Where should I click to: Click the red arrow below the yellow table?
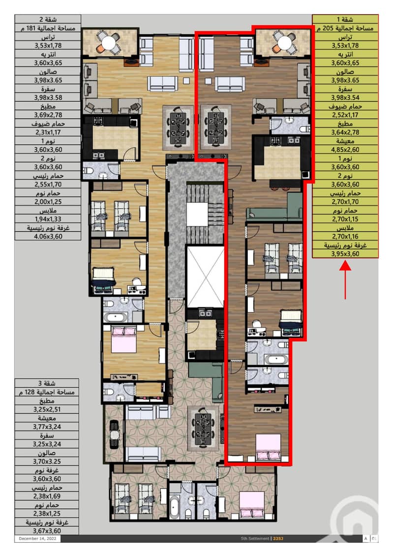pyautogui.click(x=345, y=280)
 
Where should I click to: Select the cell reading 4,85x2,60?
pyautogui.click(x=345, y=150)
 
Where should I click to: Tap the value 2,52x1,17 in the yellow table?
pyautogui.click(x=345, y=115)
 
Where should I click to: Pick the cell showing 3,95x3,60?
pyautogui.click(x=345, y=253)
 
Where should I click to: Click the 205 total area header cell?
pyautogui.click(x=345, y=28)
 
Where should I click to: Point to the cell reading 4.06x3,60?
pyautogui.click(x=48, y=236)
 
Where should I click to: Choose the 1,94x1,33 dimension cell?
pyautogui.click(x=48, y=219)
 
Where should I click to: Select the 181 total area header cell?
pyautogui.click(x=48, y=28)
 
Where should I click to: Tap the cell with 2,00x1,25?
pyautogui.click(x=48, y=201)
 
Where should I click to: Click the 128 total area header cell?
pyautogui.click(x=47, y=392)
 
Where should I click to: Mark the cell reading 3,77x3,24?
pyautogui.click(x=47, y=427)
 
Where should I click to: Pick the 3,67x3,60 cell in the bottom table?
pyautogui.click(x=47, y=531)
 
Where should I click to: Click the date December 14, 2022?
pyautogui.click(x=37, y=538)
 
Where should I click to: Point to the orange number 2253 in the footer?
pyautogui.click(x=278, y=538)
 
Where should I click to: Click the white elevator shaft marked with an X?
pyautogui.click(x=205, y=277)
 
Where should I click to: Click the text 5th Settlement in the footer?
pyautogui.click(x=255, y=538)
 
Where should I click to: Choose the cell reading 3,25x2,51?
pyautogui.click(x=47, y=409)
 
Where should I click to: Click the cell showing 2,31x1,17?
pyautogui.click(x=48, y=132)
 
